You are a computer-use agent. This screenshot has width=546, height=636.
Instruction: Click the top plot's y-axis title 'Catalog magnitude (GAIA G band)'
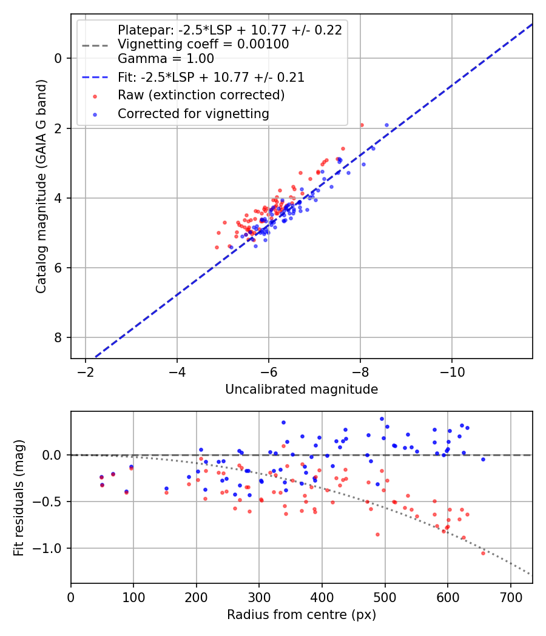(41, 185)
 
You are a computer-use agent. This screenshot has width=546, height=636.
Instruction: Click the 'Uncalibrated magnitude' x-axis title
(302, 389)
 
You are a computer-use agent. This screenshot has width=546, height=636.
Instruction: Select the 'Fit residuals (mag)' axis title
(19, 497)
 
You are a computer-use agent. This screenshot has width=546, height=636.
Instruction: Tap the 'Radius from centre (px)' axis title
(302, 615)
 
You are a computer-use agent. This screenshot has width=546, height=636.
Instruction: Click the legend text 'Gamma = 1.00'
(166, 59)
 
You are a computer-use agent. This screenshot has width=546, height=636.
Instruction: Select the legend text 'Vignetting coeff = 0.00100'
(203, 44)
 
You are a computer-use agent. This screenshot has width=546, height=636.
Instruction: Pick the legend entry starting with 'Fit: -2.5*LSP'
(211, 78)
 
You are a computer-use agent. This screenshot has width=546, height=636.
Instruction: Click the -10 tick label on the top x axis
(451, 371)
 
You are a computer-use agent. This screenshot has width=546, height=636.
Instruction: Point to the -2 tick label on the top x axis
(86, 371)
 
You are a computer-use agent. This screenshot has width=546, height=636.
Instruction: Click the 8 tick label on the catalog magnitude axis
(58, 337)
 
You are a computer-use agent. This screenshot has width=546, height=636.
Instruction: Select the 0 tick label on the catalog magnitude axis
(58, 58)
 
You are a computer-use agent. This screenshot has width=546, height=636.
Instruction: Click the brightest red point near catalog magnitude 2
(362, 125)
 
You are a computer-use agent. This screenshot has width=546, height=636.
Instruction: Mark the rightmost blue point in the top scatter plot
(386, 125)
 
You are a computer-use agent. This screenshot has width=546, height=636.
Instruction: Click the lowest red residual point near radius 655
(483, 553)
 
